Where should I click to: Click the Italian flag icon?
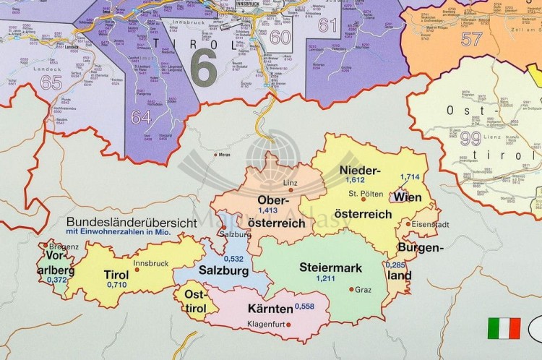click(x=504, y=328)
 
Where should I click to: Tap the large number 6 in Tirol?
click(x=204, y=68)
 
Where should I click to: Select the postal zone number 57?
click(x=471, y=38)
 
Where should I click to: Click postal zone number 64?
click(x=141, y=116)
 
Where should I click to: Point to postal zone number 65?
click(x=51, y=82)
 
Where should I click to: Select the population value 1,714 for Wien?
click(x=410, y=177)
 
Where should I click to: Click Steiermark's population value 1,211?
click(x=326, y=278)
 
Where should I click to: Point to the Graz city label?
click(x=363, y=290)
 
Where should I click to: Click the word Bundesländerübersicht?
click(x=131, y=223)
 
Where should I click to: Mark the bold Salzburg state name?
click(x=224, y=271)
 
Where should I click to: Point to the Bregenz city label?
click(x=64, y=247)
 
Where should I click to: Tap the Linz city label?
click(x=291, y=183)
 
